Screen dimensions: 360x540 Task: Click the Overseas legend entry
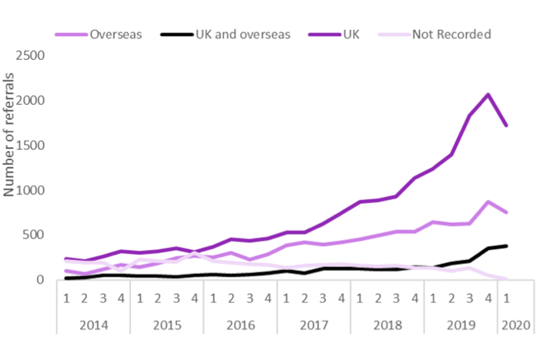click(x=115, y=34)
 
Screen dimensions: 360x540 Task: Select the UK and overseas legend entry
click(x=242, y=34)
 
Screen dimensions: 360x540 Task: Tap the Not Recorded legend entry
click(x=451, y=34)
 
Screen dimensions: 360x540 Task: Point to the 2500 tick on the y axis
click(x=31, y=56)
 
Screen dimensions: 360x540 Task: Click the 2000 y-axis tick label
click(x=31, y=101)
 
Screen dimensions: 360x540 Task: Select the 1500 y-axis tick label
click(x=31, y=145)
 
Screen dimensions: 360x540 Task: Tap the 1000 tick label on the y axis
click(x=31, y=190)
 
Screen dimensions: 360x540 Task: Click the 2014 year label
click(x=93, y=325)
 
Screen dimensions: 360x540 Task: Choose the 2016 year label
click(x=240, y=325)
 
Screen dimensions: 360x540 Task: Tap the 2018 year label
click(x=387, y=325)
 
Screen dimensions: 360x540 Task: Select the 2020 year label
click(x=515, y=325)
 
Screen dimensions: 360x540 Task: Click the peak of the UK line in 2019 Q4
click(x=488, y=94)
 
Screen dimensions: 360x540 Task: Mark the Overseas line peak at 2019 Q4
click(x=488, y=201)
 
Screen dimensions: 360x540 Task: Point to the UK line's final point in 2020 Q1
click(x=506, y=125)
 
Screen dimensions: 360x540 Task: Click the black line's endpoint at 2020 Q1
click(x=506, y=246)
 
